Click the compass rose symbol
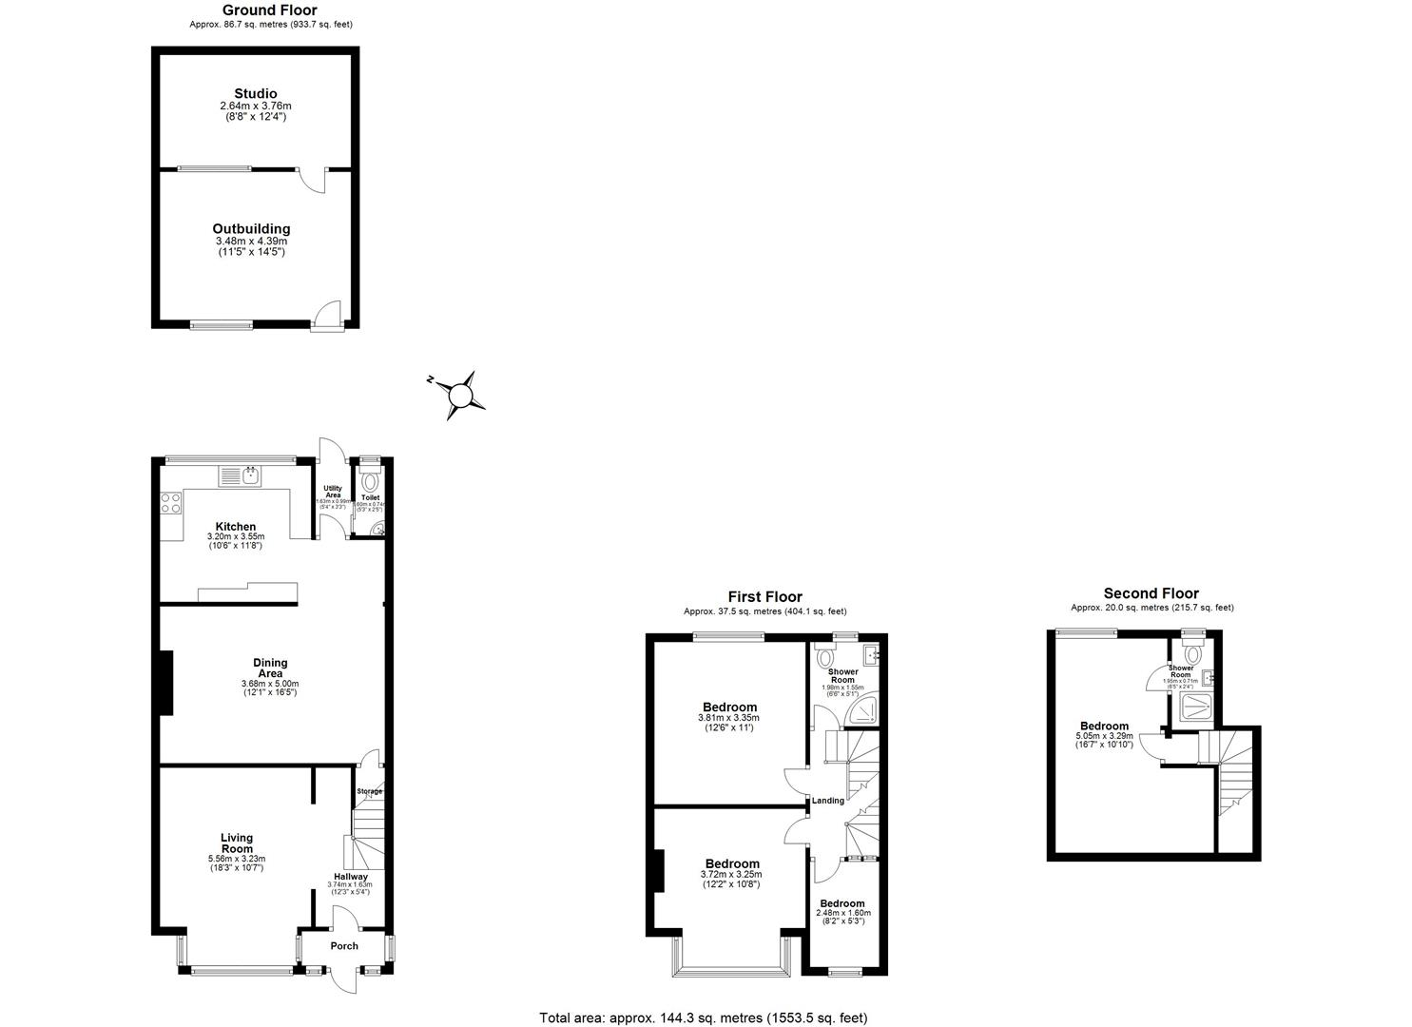coord(462,395)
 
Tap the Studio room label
coord(256,93)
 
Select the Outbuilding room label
coord(251,228)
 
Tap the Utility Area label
coord(333,492)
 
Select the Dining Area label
coord(270,668)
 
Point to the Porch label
coord(344,945)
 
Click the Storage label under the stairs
coord(369,791)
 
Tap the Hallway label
coord(350,877)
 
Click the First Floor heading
coord(764,597)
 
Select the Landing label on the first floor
coord(827,801)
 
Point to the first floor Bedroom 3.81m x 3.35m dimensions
coord(729,718)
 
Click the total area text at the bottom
coord(704,1017)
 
